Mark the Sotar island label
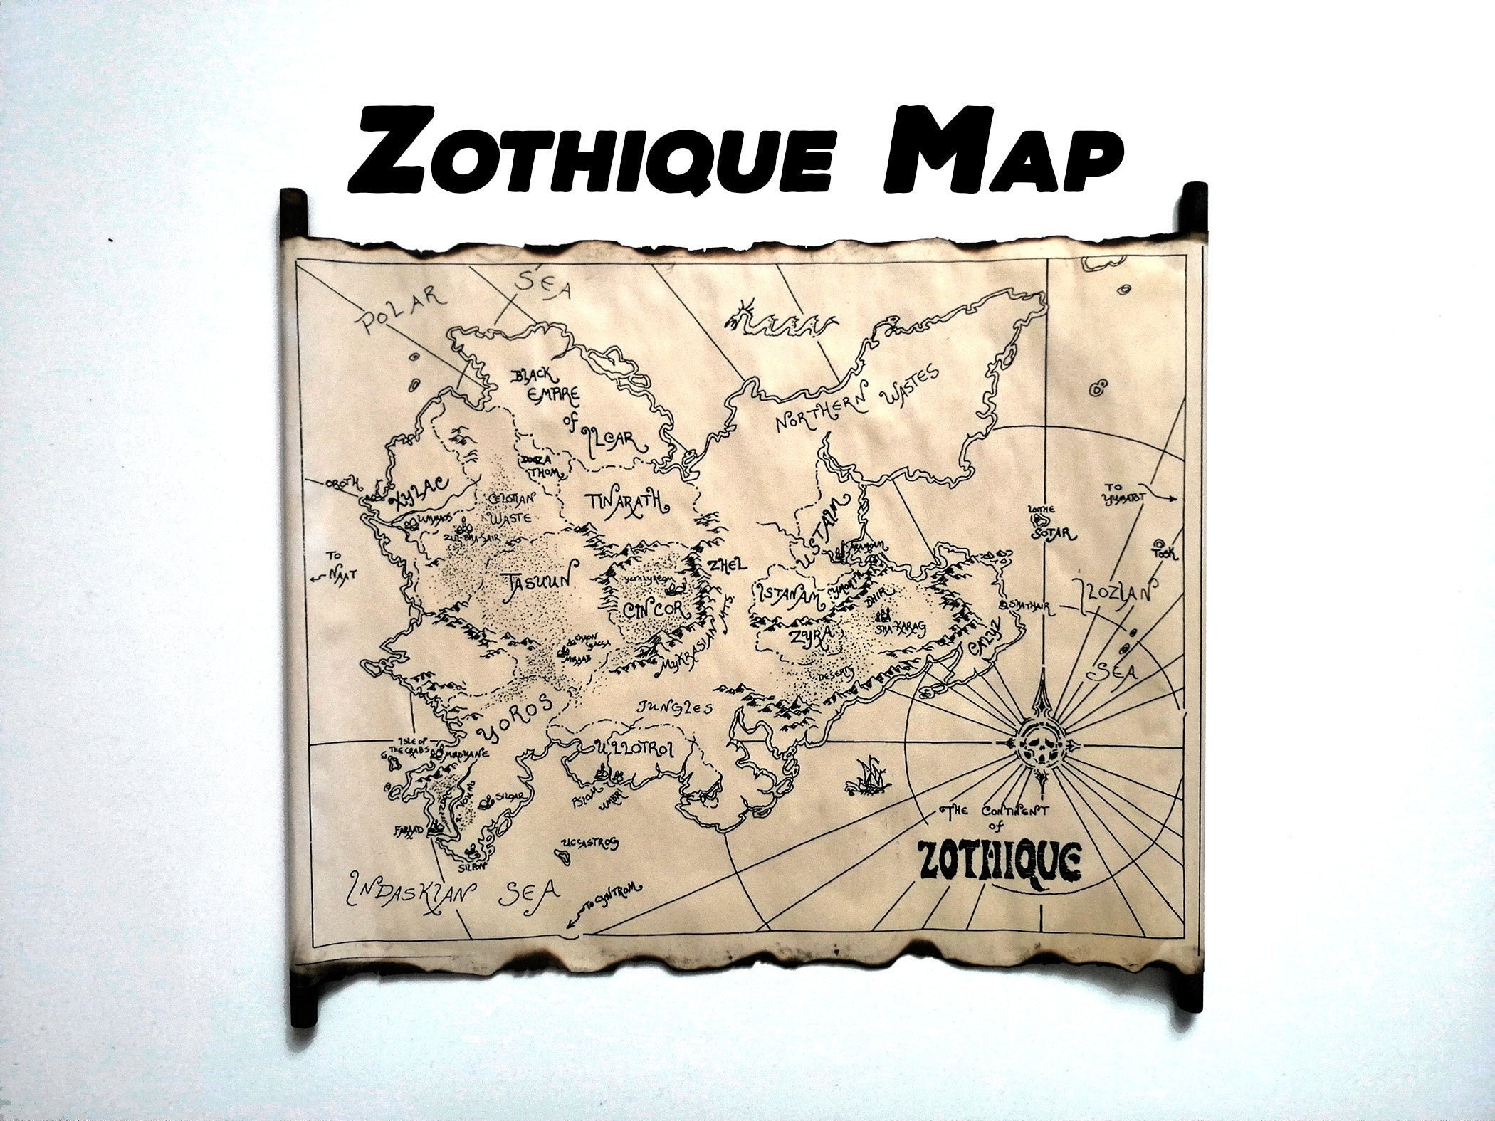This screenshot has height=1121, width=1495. [1054, 530]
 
